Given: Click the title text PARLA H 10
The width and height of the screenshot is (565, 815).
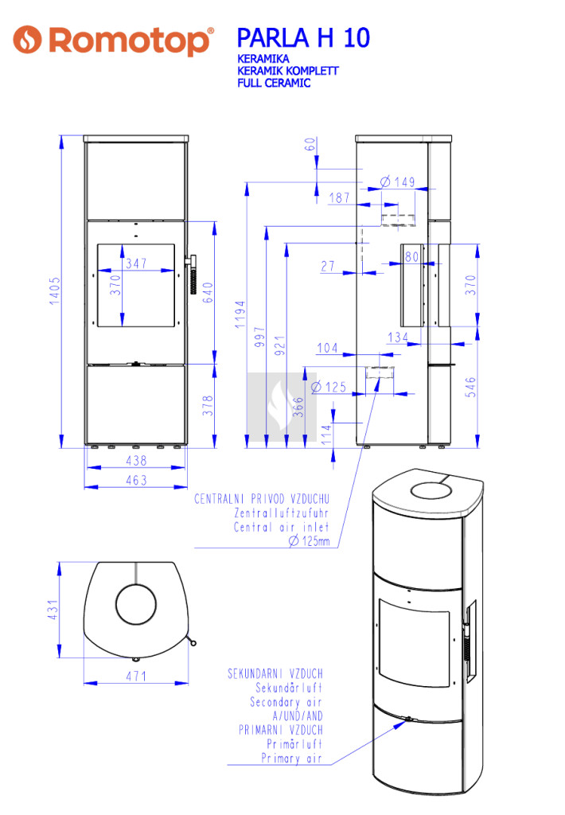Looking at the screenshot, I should click(303, 38).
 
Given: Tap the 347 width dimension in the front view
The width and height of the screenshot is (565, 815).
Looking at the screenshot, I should click(136, 263).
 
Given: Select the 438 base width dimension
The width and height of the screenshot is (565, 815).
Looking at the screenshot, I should click(136, 460).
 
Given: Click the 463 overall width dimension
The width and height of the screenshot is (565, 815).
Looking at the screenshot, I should click(136, 480).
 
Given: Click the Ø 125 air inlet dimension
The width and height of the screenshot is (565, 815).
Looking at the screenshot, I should click(329, 388).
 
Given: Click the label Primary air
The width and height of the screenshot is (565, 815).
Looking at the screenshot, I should click(292, 759).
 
